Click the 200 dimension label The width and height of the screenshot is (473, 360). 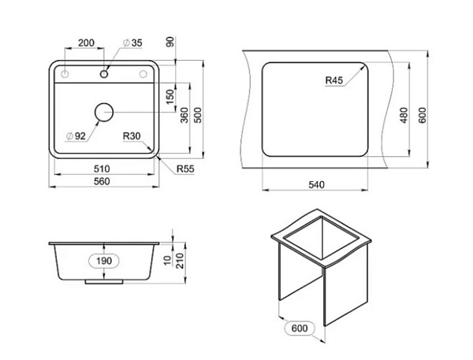[86, 43]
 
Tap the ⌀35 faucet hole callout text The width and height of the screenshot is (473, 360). [132, 43]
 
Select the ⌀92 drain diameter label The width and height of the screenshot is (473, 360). [76, 136]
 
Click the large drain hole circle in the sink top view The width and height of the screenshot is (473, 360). [104, 112]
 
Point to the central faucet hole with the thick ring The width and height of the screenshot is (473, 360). [104, 73]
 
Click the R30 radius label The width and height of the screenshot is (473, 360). [132, 136]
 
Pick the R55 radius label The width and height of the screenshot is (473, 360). [185, 169]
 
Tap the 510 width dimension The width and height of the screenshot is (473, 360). [102, 169]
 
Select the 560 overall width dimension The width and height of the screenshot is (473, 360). [102, 181]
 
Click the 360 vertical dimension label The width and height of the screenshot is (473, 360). [184, 115]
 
